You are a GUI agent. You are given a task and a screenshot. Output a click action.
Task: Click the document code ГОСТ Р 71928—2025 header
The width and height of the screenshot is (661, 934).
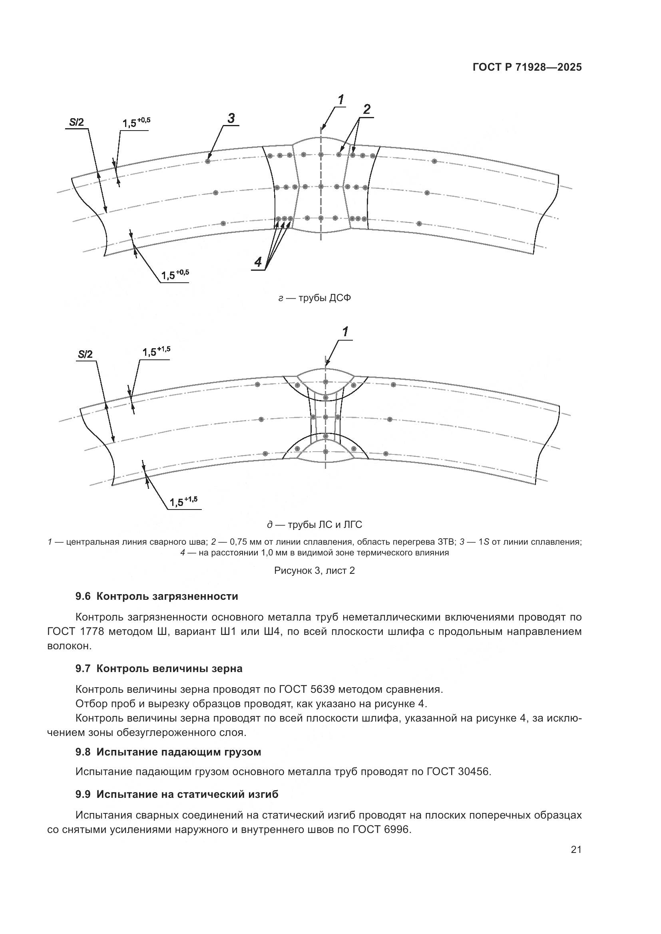(x=527, y=67)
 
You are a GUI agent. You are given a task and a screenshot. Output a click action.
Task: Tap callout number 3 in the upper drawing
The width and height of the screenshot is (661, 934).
(x=231, y=118)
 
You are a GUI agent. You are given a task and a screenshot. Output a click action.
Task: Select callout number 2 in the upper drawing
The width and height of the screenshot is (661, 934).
(x=366, y=109)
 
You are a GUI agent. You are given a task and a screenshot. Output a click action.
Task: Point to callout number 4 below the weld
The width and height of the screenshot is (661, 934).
(x=258, y=262)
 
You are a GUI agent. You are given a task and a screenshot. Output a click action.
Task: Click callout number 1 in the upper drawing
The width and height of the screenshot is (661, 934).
(x=340, y=99)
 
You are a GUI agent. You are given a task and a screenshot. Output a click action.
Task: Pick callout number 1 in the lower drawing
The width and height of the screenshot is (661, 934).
(x=345, y=331)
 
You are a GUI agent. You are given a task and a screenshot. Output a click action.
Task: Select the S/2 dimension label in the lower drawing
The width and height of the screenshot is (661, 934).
(x=85, y=354)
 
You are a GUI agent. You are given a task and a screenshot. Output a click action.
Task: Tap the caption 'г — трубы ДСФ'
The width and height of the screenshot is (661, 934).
(x=314, y=298)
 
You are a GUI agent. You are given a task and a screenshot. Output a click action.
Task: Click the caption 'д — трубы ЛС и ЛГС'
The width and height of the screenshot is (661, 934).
(x=314, y=524)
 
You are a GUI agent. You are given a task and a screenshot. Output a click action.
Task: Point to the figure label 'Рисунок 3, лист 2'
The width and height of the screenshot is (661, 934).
(x=314, y=570)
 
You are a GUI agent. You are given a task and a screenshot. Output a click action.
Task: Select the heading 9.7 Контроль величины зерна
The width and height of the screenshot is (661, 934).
(x=159, y=668)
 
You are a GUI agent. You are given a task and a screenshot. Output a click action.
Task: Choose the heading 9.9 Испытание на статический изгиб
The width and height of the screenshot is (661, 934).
(x=177, y=794)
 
